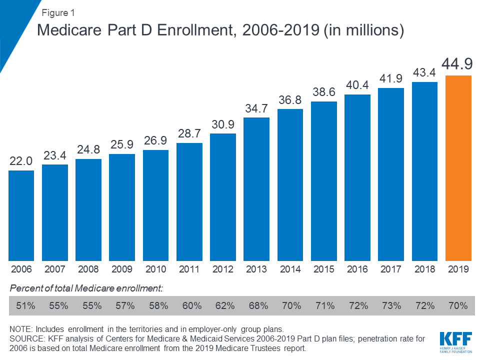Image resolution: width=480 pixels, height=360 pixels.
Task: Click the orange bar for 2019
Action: [x=458, y=168]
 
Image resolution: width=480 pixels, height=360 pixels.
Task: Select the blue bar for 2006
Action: [x=21, y=215]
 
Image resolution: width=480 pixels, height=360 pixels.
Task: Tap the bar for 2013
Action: [x=256, y=189]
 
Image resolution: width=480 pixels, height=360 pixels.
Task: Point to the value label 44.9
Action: [x=458, y=64]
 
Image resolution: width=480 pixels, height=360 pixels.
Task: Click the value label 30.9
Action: [x=223, y=125]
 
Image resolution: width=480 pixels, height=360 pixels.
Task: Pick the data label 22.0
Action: [x=21, y=161]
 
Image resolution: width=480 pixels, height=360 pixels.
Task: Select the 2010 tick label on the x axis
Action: [x=155, y=269]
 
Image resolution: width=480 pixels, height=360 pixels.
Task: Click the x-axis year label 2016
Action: [x=357, y=269]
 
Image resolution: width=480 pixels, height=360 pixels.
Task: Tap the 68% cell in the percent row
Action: [x=256, y=305]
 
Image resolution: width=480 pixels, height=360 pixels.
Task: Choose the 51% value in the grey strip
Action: [x=25, y=305]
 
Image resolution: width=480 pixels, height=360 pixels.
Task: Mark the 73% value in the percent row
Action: [x=391, y=305]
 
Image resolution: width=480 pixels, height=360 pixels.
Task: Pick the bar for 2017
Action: [x=391, y=174]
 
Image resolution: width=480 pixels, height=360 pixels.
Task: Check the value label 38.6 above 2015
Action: [x=324, y=93]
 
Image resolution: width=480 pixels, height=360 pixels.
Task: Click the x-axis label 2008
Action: [x=88, y=269]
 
